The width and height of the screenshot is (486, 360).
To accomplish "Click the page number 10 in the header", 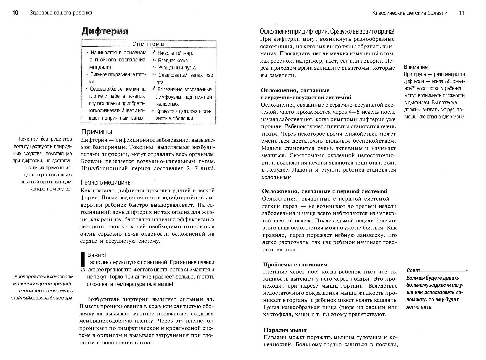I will pyautogui.click(x=15, y=13).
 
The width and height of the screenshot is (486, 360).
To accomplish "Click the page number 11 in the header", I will pyautogui.click(x=461, y=13).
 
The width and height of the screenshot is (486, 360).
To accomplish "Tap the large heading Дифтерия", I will pyautogui.click(x=105, y=31).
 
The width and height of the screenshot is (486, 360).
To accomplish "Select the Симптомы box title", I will pyautogui.click(x=148, y=44).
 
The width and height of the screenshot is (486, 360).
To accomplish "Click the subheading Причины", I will pyautogui.click(x=97, y=132).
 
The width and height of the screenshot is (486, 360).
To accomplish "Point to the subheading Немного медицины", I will pyautogui.click(x=106, y=182).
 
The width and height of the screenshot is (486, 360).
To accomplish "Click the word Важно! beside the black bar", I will pyautogui.click(x=97, y=255).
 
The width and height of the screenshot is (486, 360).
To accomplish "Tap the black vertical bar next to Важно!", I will pyautogui.click(x=83, y=259).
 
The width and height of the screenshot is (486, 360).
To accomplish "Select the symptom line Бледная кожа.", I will pyautogui.click(x=174, y=61).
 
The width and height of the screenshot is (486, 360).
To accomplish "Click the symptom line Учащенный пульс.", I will pyautogui.click(x=178, y=68).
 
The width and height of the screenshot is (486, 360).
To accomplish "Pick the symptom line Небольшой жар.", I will pyautogui.click(x=175, y=53).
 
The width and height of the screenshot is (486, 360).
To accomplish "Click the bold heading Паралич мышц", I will pyautogui.click(x=285, y=330).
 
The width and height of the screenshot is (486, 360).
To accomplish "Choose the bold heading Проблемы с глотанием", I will pyautogui.click(x=295, y=264).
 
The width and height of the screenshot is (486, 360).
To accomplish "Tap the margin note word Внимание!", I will pyautogui.click(x=417, y=67).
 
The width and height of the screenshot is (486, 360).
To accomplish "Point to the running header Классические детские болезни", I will pyautogui.click(x=410, y=13).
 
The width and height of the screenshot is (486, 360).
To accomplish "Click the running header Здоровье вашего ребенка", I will pyautogui.click(x=61, y=13).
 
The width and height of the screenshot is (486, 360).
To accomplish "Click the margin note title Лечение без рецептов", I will pyautogui.click(x=45, y=139).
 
